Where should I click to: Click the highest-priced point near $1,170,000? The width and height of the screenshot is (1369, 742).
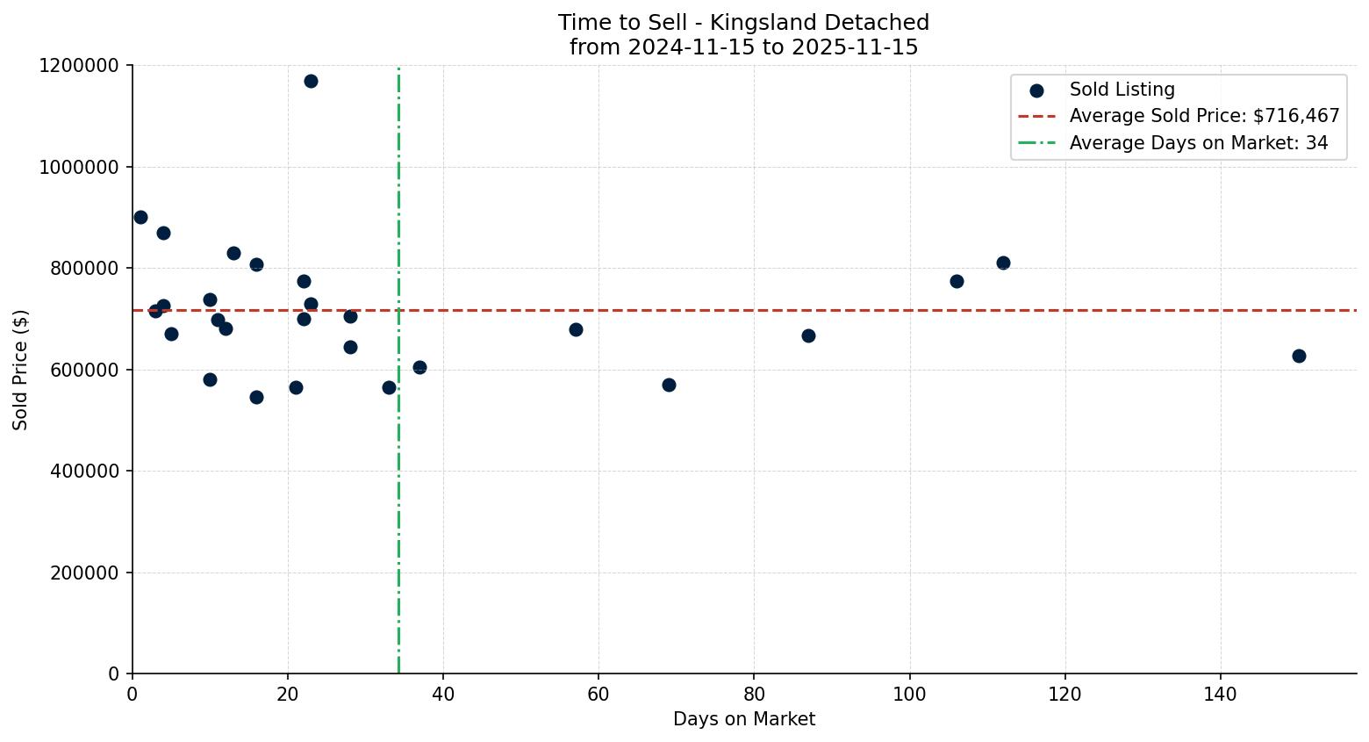(x=311, y=81)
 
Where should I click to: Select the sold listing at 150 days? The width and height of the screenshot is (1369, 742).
(x=1299, y=356)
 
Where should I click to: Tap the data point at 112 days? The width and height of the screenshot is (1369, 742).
(x=1003, y=263)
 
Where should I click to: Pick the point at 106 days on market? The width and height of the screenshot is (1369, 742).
(x=957, y=281)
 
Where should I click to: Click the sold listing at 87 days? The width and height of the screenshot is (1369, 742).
(x=808, y=335)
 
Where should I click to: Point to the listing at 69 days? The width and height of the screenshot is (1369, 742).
(x=669, y=385)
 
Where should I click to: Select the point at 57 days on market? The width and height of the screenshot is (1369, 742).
(x=576, y=329)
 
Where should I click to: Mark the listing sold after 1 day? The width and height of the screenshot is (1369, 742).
(x=140, y=217)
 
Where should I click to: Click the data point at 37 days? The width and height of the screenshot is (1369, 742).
(x=419, y=367)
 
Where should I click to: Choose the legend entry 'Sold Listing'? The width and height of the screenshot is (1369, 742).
(x=1122, y=90)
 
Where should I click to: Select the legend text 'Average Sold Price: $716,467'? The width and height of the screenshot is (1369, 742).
(x=1204, y=116)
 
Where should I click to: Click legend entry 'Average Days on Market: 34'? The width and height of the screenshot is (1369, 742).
(x=1198, y=143)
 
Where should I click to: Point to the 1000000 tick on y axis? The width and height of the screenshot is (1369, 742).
(x=79, y=167)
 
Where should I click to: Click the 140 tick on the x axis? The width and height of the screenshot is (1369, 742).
(x=1221, y=695)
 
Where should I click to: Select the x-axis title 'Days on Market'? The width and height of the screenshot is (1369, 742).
(x=744, y=719)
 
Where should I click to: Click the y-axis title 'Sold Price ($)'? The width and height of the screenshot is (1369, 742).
(x=20, y=370)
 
